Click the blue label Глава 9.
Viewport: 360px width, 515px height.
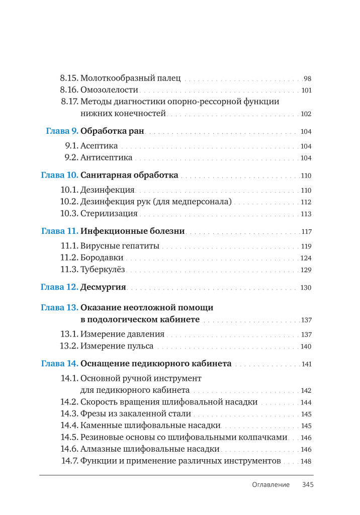click(62, 132)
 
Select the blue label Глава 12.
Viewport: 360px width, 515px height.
click(59, 288)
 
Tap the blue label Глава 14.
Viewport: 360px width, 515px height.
click(59, 363)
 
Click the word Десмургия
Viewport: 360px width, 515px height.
click(103, 288)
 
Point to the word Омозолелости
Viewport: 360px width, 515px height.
click(109, 91)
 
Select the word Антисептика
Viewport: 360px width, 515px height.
click(106, 158)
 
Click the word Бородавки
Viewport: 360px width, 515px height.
click(102, 258)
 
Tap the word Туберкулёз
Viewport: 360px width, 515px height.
click(103, 270)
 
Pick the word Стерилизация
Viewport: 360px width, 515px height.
click(109, 214)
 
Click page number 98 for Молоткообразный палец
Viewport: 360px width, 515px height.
click(308, 79)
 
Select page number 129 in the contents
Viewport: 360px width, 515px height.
click(306, 270)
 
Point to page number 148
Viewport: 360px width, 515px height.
click(306, 461)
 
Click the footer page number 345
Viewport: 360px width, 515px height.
click(308, 485)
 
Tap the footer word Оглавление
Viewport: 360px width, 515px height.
click(271, 485)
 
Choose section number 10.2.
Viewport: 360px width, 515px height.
click(69, 202)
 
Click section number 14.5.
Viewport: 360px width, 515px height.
click(69, 437)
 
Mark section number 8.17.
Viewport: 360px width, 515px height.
click(69, 102)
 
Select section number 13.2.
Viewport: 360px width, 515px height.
click(69, 346)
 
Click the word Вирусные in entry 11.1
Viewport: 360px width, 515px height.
click(99, 246)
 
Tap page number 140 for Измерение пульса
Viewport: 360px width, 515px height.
click(306, 347)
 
